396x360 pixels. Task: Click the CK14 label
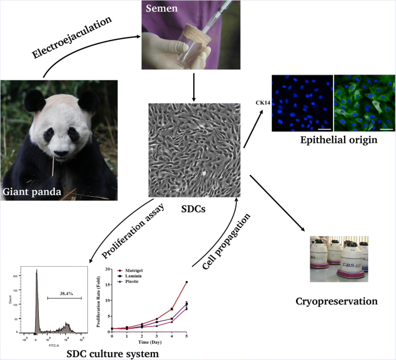click(x=264, y=103)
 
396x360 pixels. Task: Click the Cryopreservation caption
click(x=336, y=301)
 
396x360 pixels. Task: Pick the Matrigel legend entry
click(x=133, y=270)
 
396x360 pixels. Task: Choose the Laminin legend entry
click(x=132, y=275)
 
